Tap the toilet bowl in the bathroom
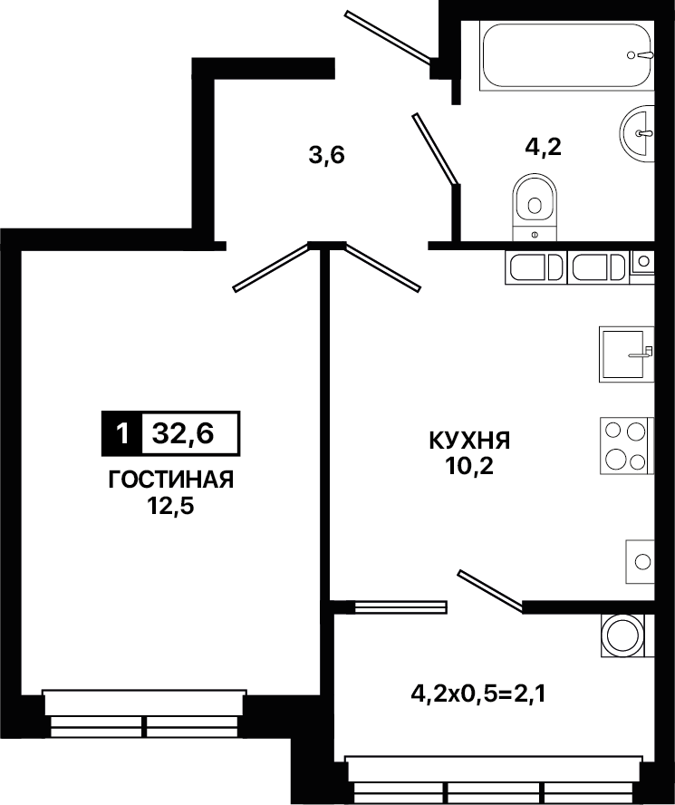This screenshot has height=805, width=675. [535, 208]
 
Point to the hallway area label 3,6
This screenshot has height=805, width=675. [326, 154]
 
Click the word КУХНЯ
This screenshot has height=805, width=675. [469, 441]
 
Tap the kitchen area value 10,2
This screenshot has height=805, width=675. [470, 466]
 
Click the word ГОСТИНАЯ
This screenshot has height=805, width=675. [171, 480]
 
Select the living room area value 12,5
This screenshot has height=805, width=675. [171, 507]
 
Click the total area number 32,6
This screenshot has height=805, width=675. [183, 434]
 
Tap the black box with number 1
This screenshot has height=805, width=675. [121, 434]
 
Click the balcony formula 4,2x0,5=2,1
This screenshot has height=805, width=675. [478, 694]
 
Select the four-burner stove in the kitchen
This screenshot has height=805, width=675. [627, 446]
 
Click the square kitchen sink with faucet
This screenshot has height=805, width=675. [626, 354]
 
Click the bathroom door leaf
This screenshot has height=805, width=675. [434, 149]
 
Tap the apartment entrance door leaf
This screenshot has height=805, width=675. [387, 37]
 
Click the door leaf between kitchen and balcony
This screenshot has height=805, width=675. [491, 591]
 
